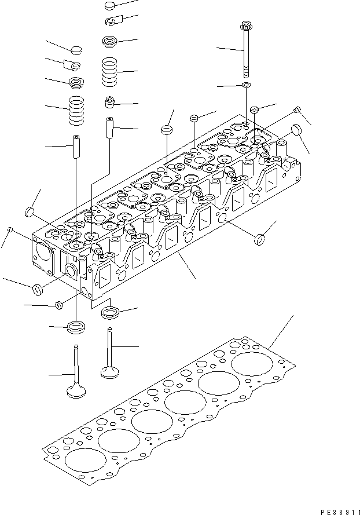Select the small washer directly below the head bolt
[x=246, y=86]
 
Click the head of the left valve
[x=77, y=391]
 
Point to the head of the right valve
[x=110, y=370]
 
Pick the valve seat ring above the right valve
[x=110, y=313]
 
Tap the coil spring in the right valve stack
[x=110, y=71]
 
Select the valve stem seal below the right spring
[x=109, y=103]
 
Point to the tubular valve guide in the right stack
[x=109, y=127]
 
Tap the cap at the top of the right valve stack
[x=111, y=6]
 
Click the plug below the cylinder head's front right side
[x=259, y=238]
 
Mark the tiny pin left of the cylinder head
[x=10, y=231]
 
